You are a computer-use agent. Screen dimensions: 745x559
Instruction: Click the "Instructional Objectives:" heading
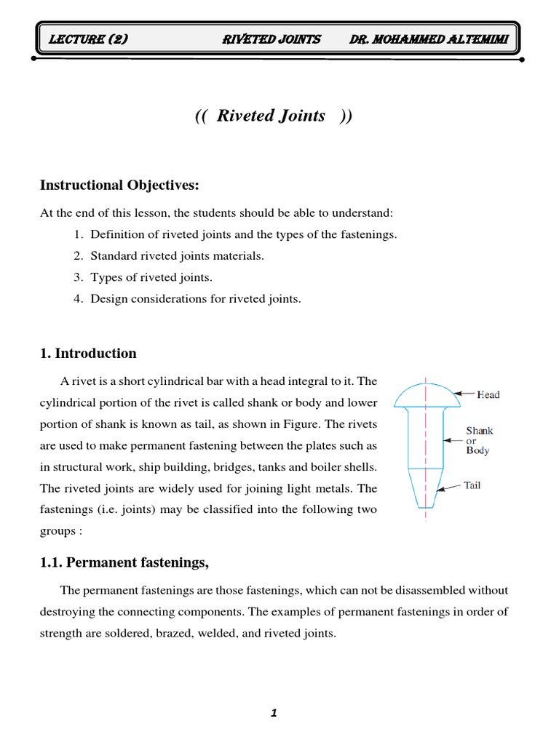(119, 186)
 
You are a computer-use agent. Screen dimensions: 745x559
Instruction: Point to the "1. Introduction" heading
(88, 354)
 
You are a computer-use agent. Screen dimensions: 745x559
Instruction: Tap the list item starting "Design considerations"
(195, 299)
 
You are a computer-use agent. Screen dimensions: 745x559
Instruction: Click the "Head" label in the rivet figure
(488, 395)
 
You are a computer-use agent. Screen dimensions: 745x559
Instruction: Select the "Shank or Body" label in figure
(479, 440)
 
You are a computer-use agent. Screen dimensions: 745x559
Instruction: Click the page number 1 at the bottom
(274, 714)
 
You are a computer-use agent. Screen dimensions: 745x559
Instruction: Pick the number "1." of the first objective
(79, 234)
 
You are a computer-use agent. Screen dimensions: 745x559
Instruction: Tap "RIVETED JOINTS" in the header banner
(271, 39)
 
